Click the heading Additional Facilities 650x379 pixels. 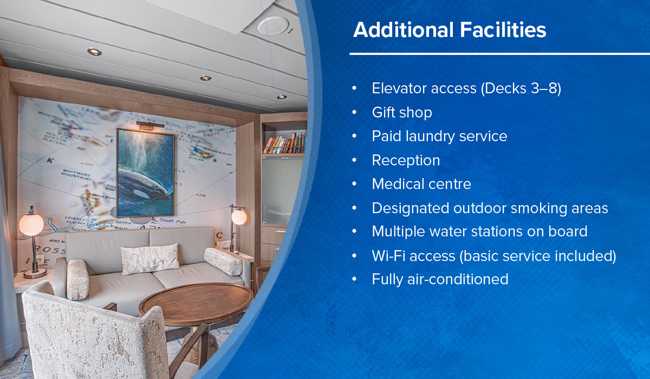pos(450,30)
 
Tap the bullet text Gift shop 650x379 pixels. pos(402,113)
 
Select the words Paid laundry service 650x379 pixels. pos(439,136)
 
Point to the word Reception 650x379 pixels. pos(406,160)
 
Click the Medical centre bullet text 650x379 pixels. pos(421,184)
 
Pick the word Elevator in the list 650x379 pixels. pos(399,88)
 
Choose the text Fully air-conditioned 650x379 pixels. pos(440,279)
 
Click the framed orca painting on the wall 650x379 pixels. pos(146,173)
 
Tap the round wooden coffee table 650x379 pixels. pos(196,303)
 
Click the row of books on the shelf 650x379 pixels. pos(285,143)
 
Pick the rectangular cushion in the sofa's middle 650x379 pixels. pos(149,259)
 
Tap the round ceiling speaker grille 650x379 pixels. pos(274,25)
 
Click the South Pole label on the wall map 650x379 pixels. pos(172,221)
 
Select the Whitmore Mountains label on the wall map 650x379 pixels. pos(76,174)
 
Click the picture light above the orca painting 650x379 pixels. pos(150,125)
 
